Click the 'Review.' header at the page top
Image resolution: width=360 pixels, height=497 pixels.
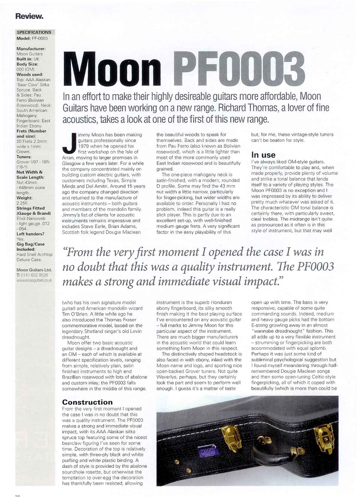29,16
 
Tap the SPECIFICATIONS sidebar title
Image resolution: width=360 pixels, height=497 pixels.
34,32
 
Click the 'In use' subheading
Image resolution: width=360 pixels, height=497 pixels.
263,155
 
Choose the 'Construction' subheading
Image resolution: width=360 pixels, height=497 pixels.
87,402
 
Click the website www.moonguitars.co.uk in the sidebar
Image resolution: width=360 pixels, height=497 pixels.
34,280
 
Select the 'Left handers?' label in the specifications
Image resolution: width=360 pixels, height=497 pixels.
30,234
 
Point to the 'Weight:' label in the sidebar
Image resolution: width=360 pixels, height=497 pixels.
25,198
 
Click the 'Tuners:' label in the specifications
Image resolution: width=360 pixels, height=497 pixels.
24,157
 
